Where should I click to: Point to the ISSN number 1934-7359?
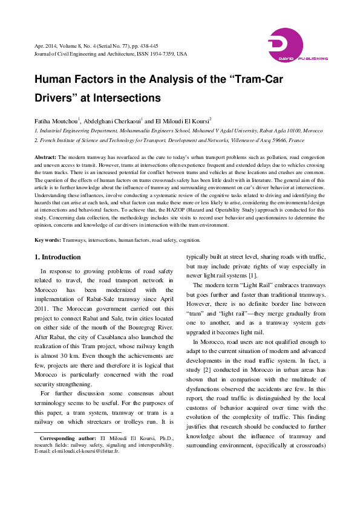(162, 53)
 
